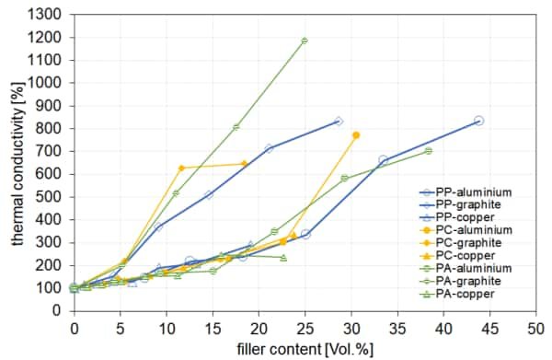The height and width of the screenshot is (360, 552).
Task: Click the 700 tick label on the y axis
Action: tap(53, 151)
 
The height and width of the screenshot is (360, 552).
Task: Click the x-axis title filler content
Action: tap(303, 349)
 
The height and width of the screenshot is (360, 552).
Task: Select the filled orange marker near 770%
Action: tap(355, 135)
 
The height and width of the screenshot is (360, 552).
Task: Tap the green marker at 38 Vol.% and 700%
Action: tap(428, 151)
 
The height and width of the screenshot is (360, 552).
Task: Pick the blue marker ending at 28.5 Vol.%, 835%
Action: tap(339, 121)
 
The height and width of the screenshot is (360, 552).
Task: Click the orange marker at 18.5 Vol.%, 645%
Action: tap(244, 164)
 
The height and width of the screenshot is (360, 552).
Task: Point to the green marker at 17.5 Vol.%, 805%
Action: tap(236, 127)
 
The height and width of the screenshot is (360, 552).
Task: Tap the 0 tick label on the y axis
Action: tap(61, 310)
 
